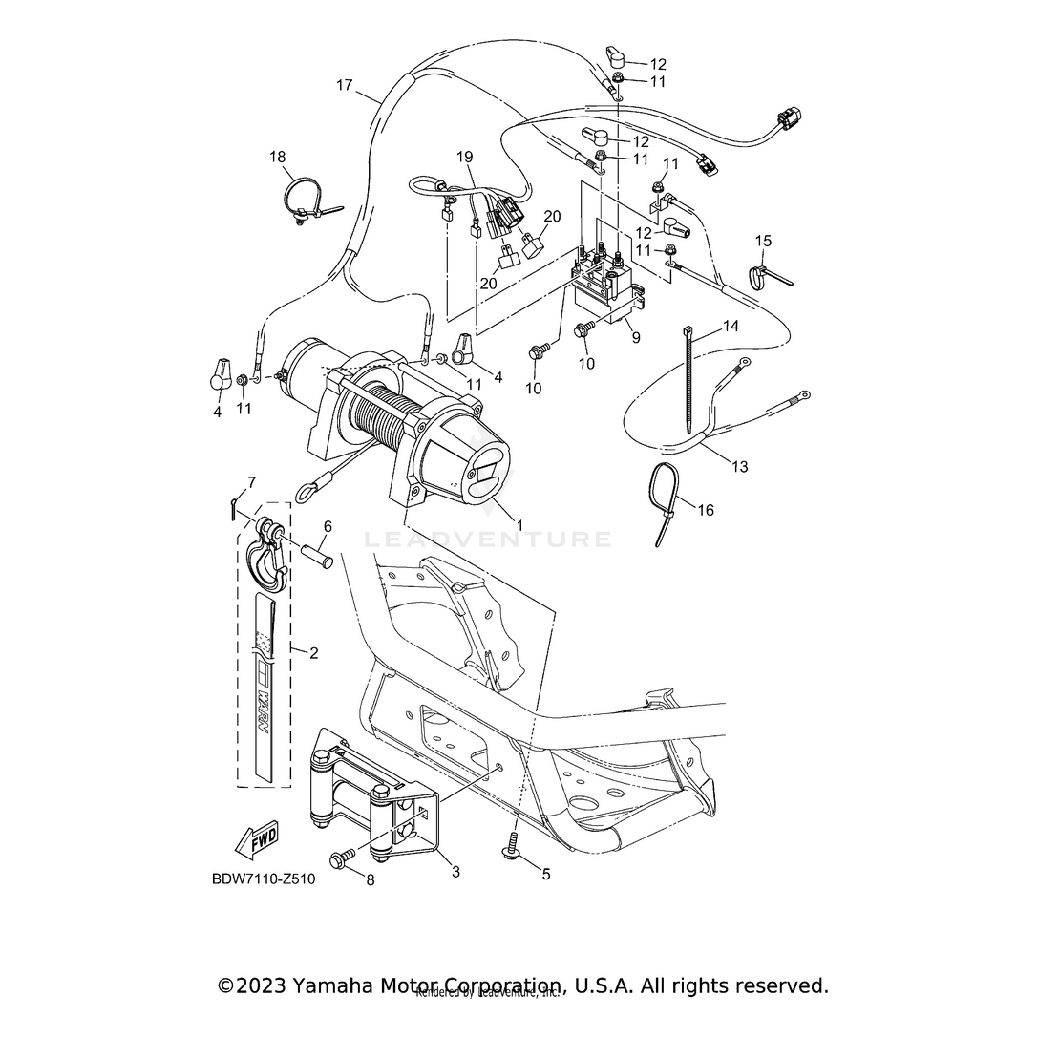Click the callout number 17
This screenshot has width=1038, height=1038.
coord(345,85)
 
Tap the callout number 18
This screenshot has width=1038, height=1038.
coord(277,157)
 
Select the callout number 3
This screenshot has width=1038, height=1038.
coord(455,872)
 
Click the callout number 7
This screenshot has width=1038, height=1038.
coord(252,481)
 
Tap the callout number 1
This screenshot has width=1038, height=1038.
coord(519,525)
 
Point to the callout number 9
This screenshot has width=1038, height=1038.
coord(635,337)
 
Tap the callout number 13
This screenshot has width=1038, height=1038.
coord(740,467)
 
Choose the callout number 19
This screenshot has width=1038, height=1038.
coord(464,157)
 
